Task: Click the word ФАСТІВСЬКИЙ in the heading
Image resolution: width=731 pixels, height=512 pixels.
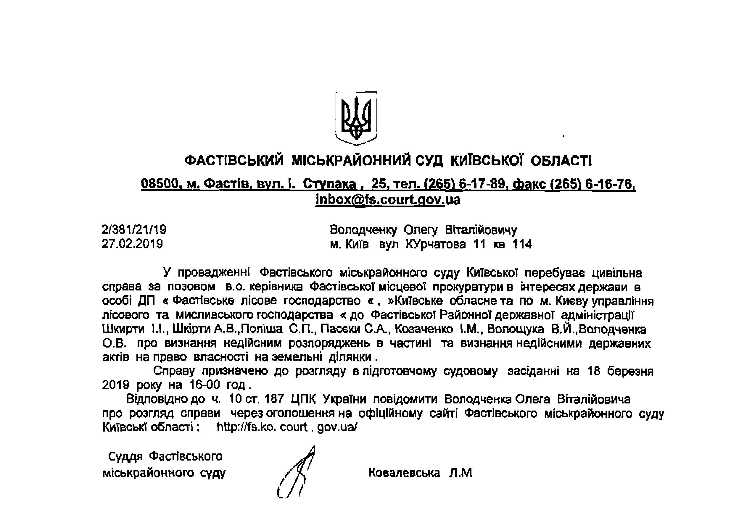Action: pos(234,160)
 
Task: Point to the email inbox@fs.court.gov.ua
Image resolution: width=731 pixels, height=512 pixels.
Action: pos(388,200)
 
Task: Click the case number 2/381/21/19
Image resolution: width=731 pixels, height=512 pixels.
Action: pos(134,230)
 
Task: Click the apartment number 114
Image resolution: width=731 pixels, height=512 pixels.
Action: pos(522,244)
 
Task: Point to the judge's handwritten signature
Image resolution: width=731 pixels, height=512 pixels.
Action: pos(296,473)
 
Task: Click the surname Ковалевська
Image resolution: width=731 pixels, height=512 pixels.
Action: pos(404,473)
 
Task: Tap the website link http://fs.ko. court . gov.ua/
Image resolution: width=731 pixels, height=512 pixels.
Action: pos(287,427)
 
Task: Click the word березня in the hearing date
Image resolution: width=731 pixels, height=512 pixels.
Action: pos(630,371)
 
